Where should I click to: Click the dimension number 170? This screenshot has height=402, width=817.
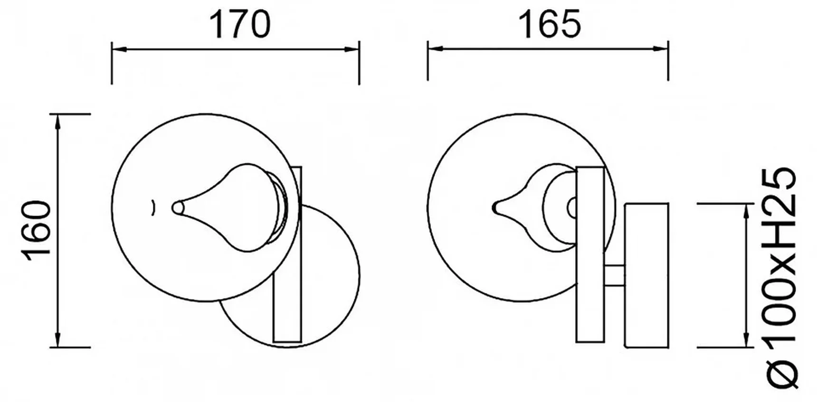[x=240, y=24]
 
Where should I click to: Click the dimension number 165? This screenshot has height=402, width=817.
[x=551, y=24]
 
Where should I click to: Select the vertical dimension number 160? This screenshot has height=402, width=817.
[x=37, y=231]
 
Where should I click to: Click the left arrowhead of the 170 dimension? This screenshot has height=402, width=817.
[x=119, y=49]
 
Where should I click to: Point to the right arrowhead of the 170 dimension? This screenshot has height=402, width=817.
[x=352, y=49]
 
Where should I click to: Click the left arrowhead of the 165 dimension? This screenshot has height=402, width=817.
[x=435, y=48]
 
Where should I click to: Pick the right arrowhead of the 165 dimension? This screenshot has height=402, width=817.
[x=661, y=48]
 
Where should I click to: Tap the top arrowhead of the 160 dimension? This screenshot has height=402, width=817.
[x=57, y=122]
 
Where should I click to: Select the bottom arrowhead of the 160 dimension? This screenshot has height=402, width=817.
[x=57, y=339]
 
